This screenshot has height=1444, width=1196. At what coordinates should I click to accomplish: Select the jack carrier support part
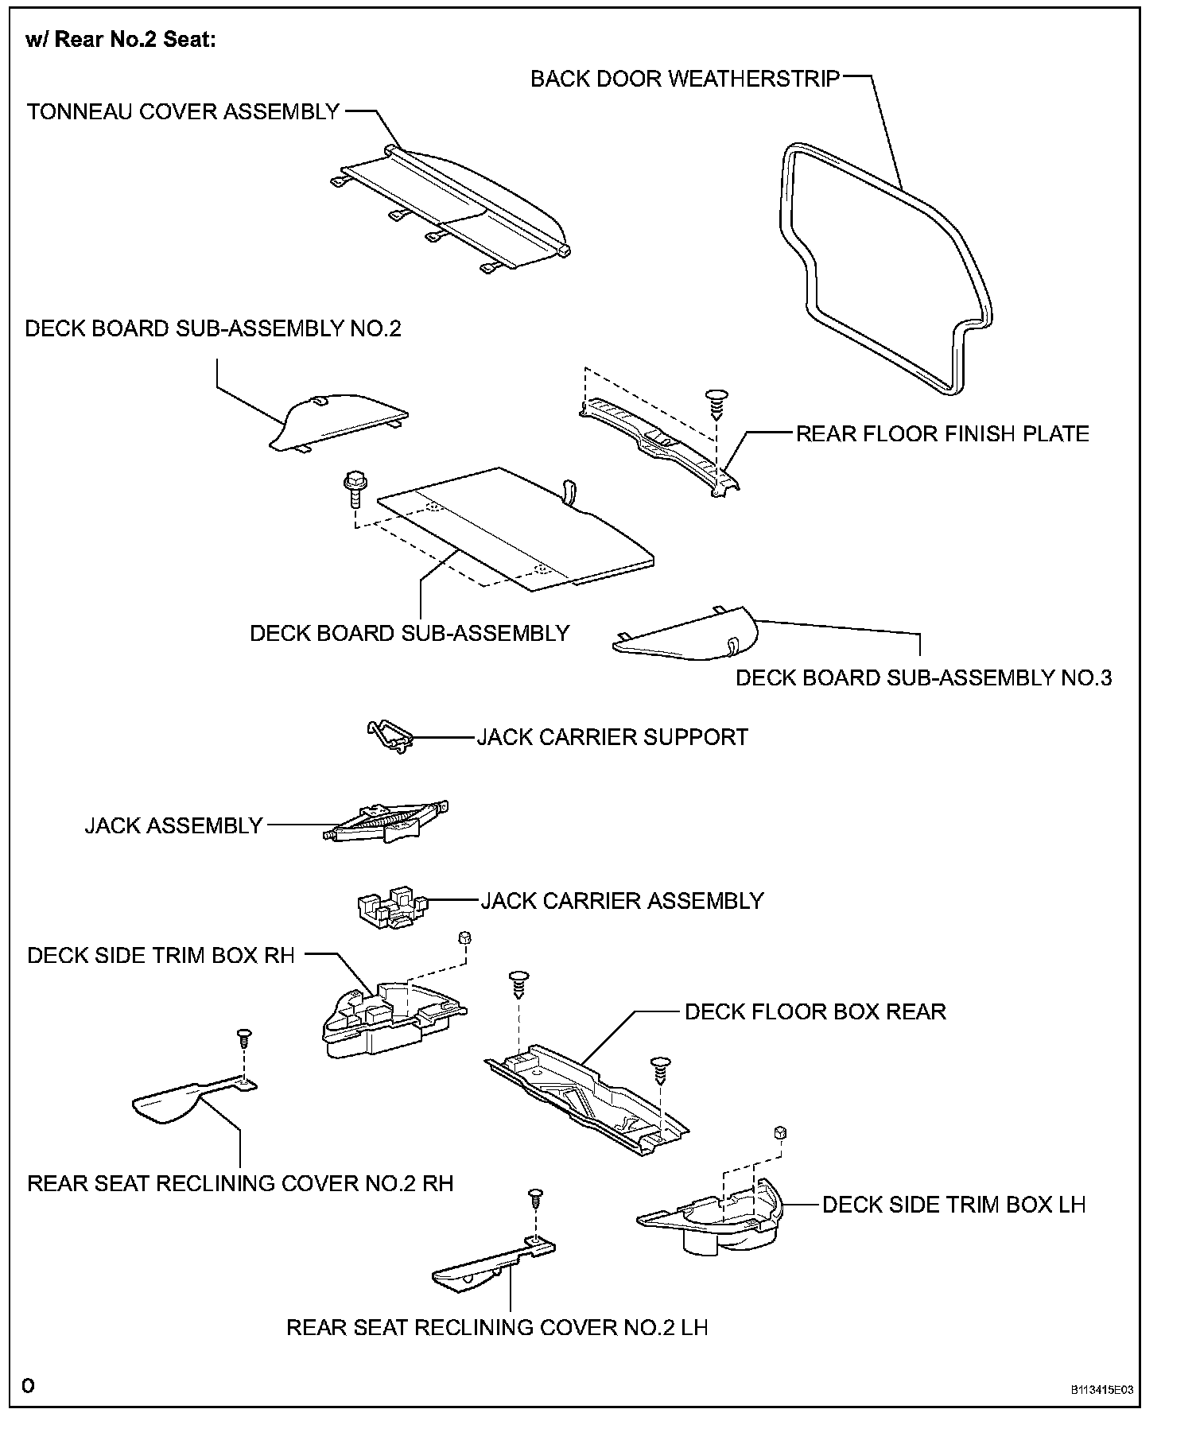point(389,736)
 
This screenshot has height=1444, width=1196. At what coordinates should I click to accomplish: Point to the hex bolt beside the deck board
point(352,488)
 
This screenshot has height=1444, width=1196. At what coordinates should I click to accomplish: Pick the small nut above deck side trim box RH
point(466,938)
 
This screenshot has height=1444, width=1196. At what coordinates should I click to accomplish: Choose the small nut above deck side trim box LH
point(780,1132)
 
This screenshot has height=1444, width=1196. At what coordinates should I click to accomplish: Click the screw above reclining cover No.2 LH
point(535,1198)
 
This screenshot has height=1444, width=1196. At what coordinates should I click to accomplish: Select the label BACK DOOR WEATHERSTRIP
point(685,80)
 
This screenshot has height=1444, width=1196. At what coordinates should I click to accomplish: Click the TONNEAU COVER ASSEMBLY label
point(184,112)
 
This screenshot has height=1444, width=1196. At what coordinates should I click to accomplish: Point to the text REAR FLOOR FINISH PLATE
point(942,434)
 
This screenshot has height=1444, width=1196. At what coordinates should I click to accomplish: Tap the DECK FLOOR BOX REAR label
point(815,1012)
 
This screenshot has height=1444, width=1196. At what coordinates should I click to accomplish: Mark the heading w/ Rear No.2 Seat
point(121,41)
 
